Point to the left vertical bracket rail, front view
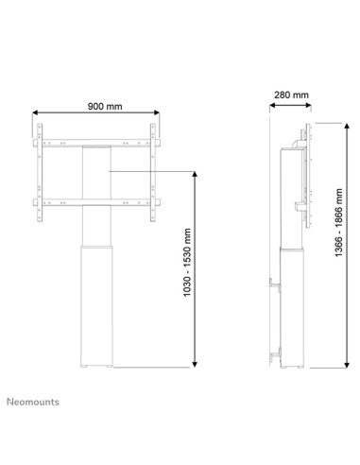click(39, 169)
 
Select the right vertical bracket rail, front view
click(154, 169)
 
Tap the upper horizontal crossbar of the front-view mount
click(96, 141)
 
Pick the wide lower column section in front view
click(96, 302)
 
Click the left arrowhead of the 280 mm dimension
click(269, 106)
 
